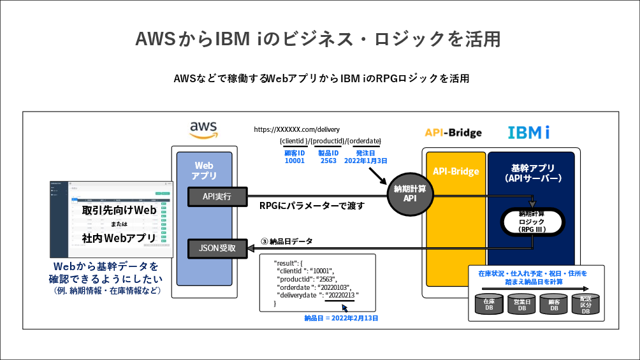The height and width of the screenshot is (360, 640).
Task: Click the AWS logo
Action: pos(204,129)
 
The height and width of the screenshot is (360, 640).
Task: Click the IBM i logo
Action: pos(528,133)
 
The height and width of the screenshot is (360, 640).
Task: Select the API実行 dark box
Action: pos(217,197)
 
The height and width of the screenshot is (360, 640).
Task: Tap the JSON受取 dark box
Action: pos(217,248)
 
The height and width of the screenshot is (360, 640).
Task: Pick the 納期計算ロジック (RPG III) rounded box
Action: pos(532,220)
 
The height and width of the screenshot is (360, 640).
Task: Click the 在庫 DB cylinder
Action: pos(489,305)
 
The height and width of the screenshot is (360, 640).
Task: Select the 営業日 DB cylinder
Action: pos(521,305)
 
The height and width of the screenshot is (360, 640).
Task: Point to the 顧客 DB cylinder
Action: pos(554,305)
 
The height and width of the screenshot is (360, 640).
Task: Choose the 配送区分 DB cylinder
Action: pos(586,305)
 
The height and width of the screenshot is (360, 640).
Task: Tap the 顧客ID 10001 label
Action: pos(295,157)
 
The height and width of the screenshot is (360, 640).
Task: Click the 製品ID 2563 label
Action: pos(328,157)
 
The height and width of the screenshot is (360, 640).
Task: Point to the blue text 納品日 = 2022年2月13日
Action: pos(341,317)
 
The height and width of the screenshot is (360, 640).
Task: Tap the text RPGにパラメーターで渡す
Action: pos(312,206)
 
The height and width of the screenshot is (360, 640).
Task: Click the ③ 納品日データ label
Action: pos(287,241)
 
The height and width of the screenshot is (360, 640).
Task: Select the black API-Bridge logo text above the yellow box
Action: pos(453,133)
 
